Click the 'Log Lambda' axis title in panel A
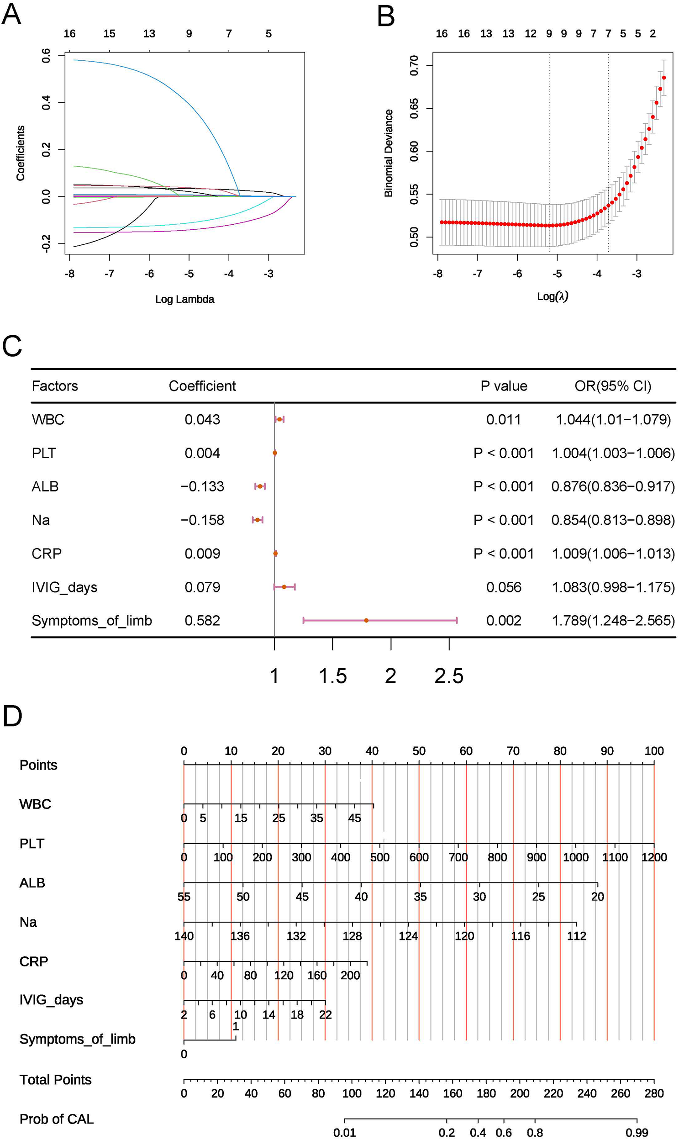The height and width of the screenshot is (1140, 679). (x=184, y=299)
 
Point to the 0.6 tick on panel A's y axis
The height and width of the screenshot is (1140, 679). (x=46, y=55)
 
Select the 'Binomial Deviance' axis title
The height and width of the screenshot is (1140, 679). (x=389, y=153)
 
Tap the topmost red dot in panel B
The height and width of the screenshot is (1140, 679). (x=663, y=78)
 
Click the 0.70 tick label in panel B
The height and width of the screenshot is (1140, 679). (x=414, y=65)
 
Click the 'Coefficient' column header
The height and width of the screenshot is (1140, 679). (x=202, y=386)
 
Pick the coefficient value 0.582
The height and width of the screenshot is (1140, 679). (x=202, y=621)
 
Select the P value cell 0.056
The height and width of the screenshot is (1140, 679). (x=503, y=587)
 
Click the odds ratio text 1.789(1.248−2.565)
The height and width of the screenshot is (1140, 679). (x=613, y=621)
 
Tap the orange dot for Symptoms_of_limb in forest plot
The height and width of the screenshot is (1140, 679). (x=366, y=620)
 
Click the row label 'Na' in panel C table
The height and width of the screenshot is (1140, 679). (x=41, y=520)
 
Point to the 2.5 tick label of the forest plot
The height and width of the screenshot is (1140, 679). (x=449, y=676)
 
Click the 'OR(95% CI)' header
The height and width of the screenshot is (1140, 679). (x=613, y=386)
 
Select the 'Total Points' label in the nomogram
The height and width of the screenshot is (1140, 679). (x=55, y=1080)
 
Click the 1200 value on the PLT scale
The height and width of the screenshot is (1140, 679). (x=654, y=857)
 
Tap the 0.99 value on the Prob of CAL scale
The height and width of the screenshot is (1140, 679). (x=637, y=1133)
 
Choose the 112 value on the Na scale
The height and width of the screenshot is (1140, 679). (x=577, y=936)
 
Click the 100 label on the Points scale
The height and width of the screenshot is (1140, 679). (x=654, y=751)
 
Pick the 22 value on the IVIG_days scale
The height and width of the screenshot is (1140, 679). (x=325, y=1014)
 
